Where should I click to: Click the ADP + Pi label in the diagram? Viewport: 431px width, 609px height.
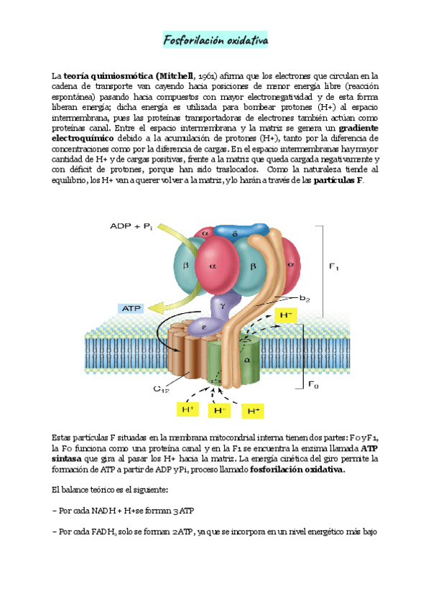point(131,226)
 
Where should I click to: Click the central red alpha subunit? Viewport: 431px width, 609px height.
point(213,265)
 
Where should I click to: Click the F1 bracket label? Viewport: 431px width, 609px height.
point(334,267)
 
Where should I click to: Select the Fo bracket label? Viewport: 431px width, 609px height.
point(312,385)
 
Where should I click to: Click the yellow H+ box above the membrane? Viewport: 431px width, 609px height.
point(286,315)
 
